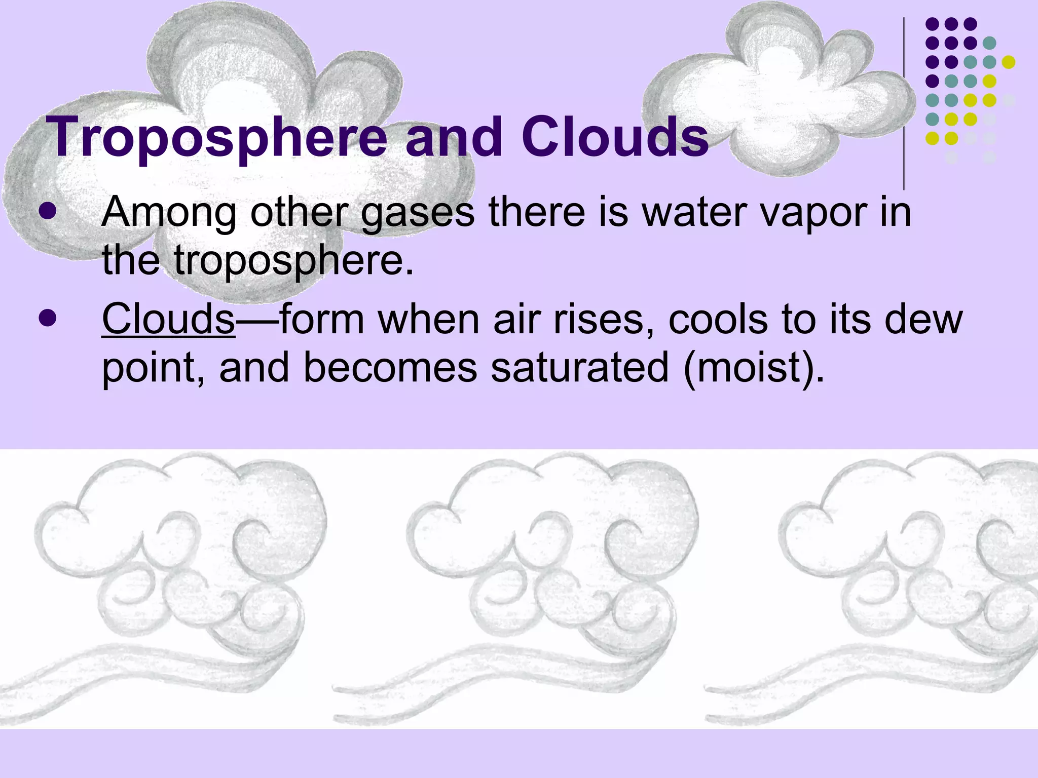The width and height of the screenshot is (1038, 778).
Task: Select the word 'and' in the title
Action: (454, 137)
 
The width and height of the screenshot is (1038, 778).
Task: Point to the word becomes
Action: (390, 368)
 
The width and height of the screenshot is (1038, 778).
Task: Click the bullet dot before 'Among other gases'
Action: (48, 212)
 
